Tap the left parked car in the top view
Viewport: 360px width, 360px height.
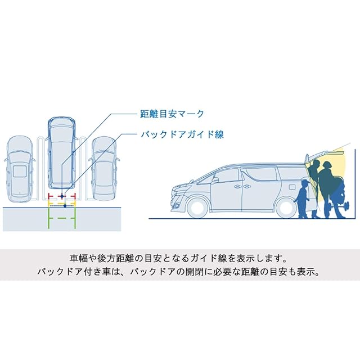tap(20, 169)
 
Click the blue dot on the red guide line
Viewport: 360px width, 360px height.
tap(62, 196)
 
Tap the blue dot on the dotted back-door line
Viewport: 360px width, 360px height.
tap(65, 206)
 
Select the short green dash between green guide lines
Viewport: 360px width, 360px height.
tap(62, 218)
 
